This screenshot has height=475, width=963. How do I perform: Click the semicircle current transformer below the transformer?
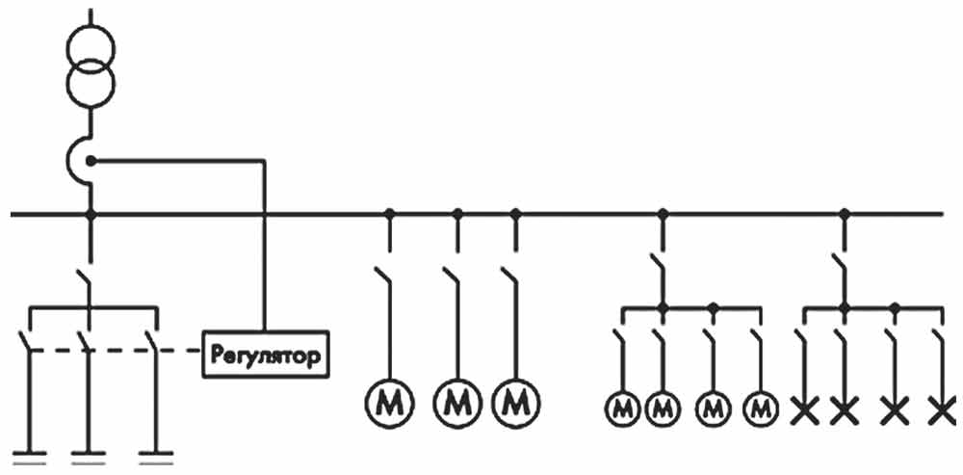[x=80, y=160]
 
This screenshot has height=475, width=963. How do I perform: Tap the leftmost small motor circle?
[x=622, y=409]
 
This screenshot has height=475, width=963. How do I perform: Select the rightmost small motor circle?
[x=762, y=409]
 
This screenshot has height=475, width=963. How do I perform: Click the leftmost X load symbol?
[x=804, y=411]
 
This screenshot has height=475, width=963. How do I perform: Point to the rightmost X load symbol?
[x=945, y=411]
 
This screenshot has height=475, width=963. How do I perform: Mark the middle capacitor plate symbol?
[x=91, y=455]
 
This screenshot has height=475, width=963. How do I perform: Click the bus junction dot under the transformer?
[x=91, y=213]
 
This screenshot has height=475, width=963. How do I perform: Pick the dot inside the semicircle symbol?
[x=91, y=160]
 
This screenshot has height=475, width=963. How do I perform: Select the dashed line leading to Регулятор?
[x=178, y=352]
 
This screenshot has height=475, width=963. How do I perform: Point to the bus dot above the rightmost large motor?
[x=515, y=213]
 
